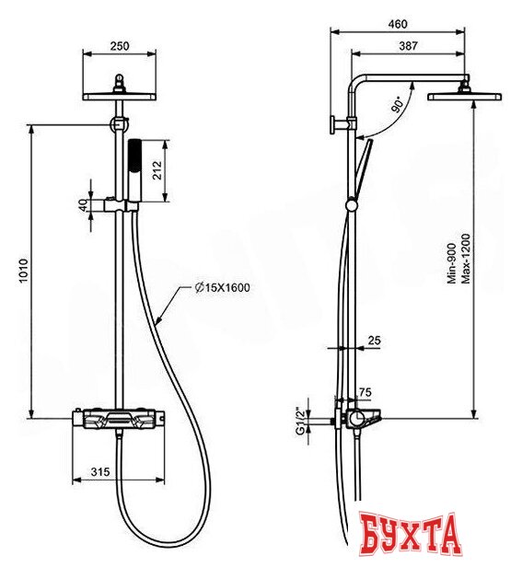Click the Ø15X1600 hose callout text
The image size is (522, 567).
tap(222, 287)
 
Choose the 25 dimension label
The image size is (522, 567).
tap(372, 340)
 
